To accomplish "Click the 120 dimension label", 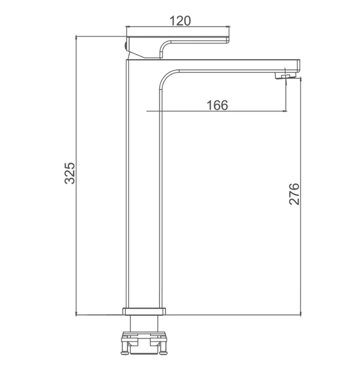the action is [180, 21].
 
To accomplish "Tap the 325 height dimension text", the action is [70, 173].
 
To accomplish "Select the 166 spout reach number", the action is [217, 105].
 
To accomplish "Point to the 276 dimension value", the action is [294, 194].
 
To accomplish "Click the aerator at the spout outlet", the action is [285, 76].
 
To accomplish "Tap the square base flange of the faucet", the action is [144, 311].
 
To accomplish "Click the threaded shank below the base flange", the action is [144, 323].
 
